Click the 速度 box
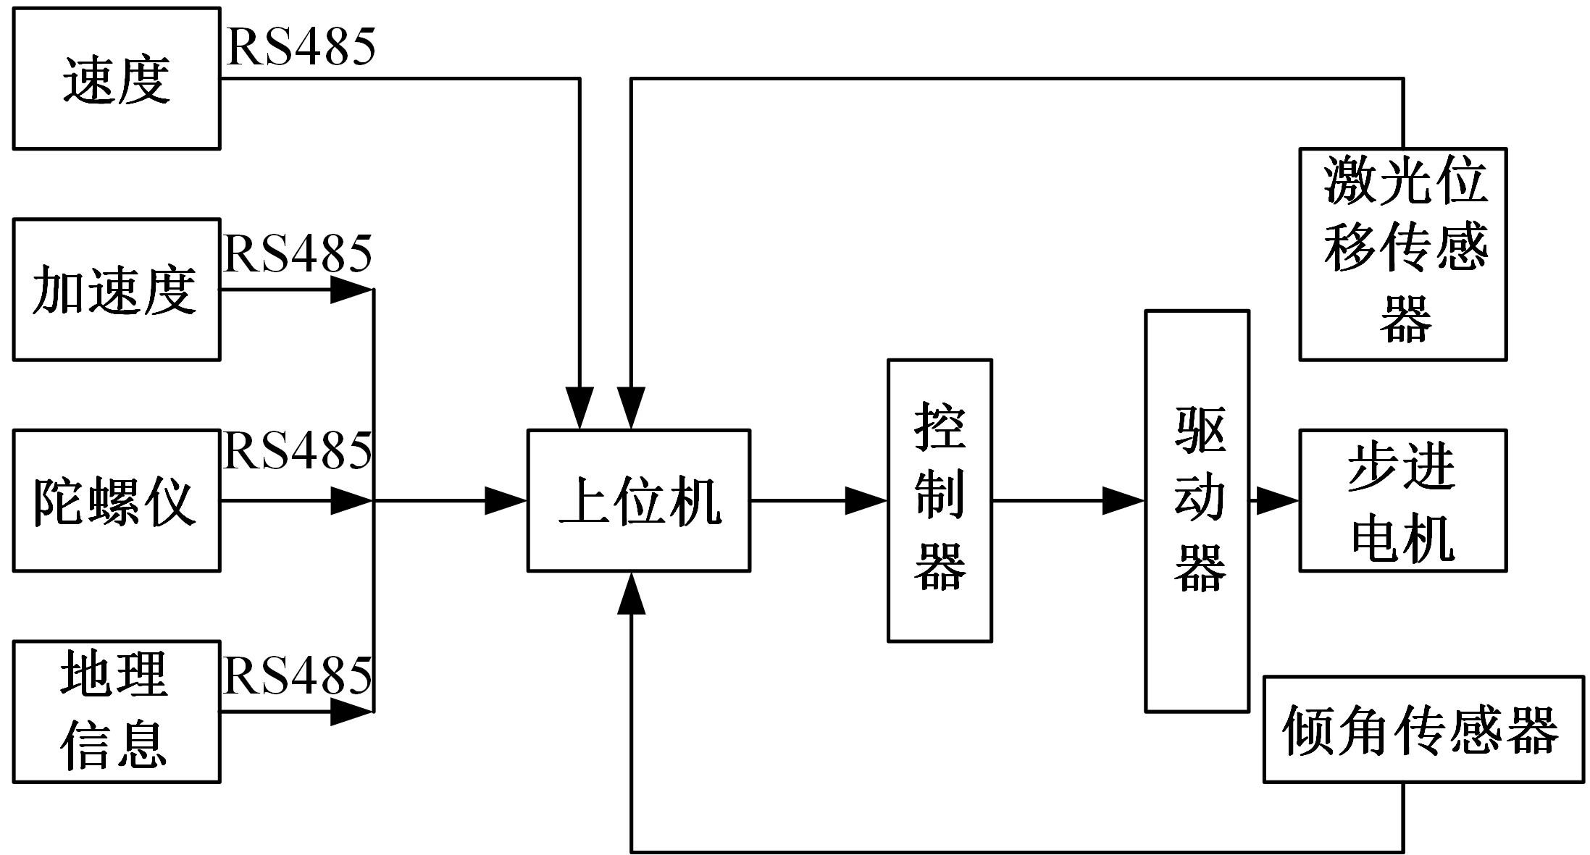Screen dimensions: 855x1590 [117, 78]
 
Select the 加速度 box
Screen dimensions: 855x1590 [117, 290]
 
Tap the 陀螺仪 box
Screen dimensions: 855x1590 [117, 500]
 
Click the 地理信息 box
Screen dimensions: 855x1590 [117, 712]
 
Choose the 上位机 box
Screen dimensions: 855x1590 [638, 500]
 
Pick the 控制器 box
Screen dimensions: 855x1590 [940, 500]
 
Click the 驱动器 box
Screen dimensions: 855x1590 [1197, 511]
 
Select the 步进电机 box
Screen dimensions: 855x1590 [1402, 500]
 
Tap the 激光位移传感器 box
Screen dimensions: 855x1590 [1402, 254]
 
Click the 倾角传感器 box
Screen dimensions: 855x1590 [1423, 730]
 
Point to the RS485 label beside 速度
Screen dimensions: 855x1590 [301, 48]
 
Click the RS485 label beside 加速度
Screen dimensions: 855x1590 [298, 254]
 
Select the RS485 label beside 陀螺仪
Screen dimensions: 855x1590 [298, 451]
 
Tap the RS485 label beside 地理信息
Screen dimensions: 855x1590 [298, 676]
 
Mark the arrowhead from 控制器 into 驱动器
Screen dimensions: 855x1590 [1124, 500]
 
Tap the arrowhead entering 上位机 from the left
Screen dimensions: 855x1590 [506, 500]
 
